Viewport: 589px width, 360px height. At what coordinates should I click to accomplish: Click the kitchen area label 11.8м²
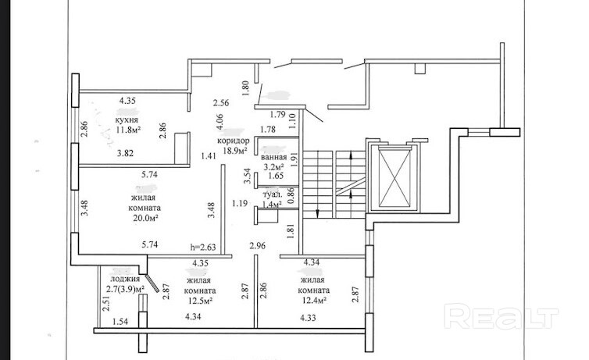pos(128,130)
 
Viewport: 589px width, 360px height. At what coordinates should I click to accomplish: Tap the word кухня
pos(127,120)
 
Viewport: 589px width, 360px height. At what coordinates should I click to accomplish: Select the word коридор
pos(234,141)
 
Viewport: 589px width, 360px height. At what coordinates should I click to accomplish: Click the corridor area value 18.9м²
pos(235,151)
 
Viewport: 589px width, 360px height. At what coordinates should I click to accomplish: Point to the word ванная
pos(275,157)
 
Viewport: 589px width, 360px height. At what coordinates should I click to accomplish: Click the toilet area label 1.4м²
pos(272,205)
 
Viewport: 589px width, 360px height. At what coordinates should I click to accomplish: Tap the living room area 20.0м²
pos(145,218)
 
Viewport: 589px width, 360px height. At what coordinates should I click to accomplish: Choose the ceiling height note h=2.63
pos(203,247)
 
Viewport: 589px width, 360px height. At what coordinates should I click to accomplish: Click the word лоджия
pos(125,279)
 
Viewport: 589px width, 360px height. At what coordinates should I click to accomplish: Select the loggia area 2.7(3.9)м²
pos(126,289)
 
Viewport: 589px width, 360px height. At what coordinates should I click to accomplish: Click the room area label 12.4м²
pos(314,301)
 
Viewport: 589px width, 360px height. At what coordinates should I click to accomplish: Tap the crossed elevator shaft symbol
pos(394,177)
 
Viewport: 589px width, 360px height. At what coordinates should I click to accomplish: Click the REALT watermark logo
pos(501,316)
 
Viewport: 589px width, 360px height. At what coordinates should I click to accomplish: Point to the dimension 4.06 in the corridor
pos(220,122)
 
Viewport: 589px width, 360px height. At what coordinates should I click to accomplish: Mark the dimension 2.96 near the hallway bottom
pos(258,246)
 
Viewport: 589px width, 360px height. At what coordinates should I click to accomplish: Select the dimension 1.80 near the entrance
pos(246,88)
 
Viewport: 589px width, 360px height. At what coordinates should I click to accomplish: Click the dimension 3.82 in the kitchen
pos(125,153)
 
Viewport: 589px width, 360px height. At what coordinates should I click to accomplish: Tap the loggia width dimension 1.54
pos(120,322)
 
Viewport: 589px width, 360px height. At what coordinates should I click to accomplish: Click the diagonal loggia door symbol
pos(152,283)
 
